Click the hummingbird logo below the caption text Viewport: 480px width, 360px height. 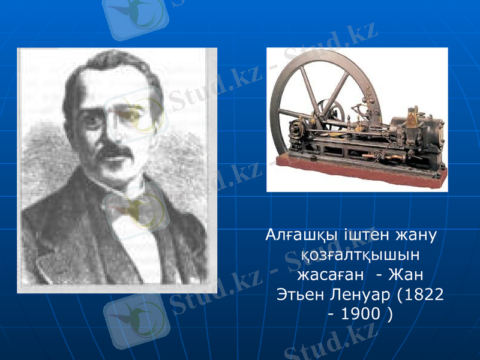point(135,315)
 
